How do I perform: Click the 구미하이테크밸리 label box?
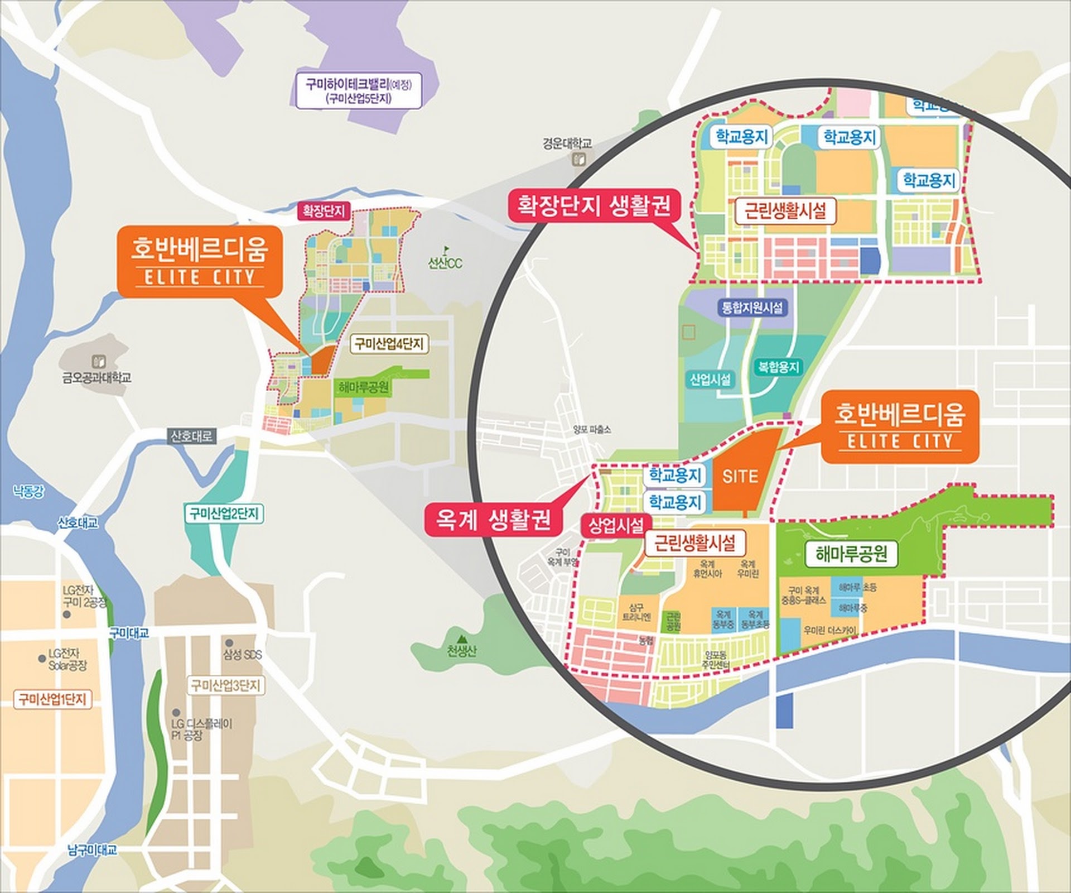(x=358, y=91)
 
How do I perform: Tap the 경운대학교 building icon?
(x=576, y=160)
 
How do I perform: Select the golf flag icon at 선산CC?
(x=445, y=249)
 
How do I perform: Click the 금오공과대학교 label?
(x=97, y=378)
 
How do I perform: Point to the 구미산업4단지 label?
(x=390, y=344)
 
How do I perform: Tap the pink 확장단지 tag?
(x=324, y=212)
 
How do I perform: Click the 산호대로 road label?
(x=192, y=436)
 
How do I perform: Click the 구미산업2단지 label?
(x=224, y=513)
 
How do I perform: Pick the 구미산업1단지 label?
(x=52, y=699)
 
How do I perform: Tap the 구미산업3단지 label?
(x=226, y=685)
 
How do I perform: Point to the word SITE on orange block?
(x=740, y=476)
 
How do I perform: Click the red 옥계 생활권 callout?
(x=491, y=519)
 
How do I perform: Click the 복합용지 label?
(x=779, y=367)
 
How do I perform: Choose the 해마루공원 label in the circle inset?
(x=851, y=554)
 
